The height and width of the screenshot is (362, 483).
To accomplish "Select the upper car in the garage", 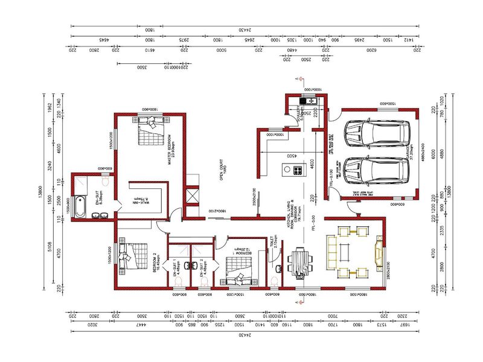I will [x=374, y=134].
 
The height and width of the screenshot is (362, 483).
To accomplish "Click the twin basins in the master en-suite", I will [x=102, y=215].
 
